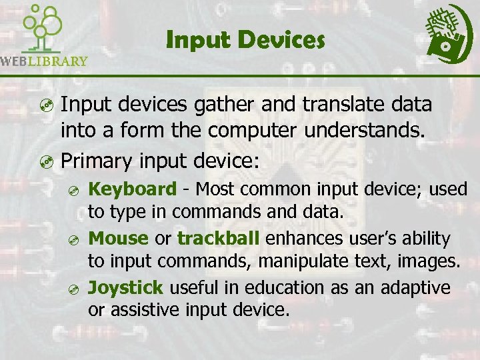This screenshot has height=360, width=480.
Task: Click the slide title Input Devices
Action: (x=245, y=41)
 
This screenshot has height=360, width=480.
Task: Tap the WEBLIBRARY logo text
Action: (x=44, y=61)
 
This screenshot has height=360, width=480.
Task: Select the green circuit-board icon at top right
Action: (x=449, y=32)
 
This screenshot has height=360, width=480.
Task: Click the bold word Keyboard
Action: (x=133, y=189)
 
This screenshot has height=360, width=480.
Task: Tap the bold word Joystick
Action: (x=126, y=287)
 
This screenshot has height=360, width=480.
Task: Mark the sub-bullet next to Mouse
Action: (x=75, y=240)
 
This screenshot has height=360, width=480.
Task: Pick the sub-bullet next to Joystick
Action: (x=75, y=289)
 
